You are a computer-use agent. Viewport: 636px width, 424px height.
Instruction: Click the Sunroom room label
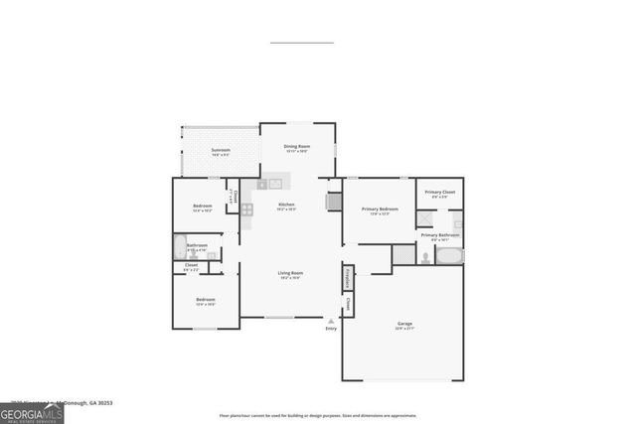click(x=220, y=150)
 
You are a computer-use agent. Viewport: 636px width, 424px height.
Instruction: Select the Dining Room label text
click(x=296, y=146)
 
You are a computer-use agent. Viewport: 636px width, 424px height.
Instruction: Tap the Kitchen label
click(x=286, y=205)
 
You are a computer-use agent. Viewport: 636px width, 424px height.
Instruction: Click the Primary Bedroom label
click(x=380, y=209)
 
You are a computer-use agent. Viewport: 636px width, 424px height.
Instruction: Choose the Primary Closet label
click(x=440, y=192)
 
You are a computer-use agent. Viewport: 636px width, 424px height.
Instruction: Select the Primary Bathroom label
click(x=440, y=235)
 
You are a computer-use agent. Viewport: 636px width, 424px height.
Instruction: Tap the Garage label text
click(x=404, y=324)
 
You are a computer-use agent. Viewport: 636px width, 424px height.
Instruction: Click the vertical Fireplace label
click(x=348, y=277)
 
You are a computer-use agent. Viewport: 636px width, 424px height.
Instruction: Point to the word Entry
click(x=331, y=329)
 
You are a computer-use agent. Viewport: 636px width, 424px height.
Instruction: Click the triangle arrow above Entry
click(x=331, y=321)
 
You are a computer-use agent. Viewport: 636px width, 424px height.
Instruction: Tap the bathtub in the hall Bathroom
click(x=180, y=245)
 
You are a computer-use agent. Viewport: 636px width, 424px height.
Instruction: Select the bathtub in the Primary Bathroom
click(x=449, y=256)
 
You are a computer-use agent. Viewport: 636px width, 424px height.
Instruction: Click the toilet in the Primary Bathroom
click(x=424, y=256)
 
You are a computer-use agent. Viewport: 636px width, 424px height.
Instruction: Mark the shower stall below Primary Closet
click(x=425, y=220)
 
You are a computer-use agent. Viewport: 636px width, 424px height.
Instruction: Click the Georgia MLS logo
click(x=32, y=411)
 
